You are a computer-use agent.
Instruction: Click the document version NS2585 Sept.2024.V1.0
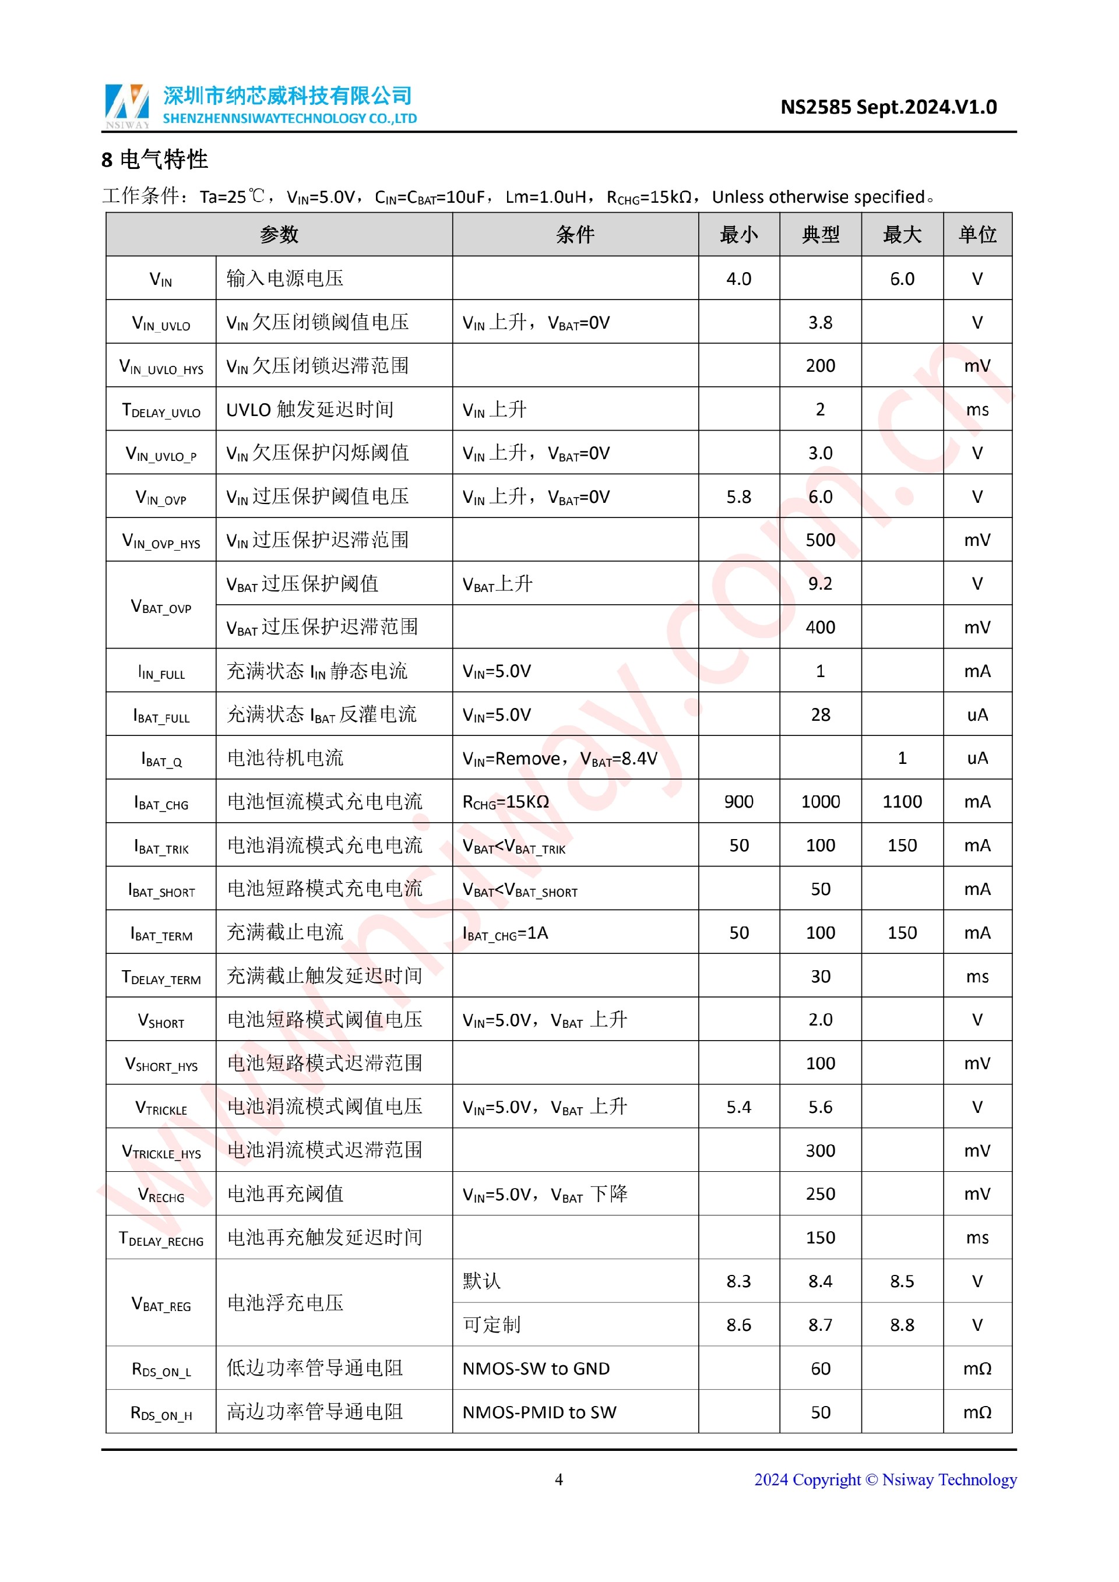coord(888,107)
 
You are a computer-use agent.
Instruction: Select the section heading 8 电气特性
coord(154,160)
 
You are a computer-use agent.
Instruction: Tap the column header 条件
coord(575,235)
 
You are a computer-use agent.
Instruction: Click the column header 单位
coord(976,235)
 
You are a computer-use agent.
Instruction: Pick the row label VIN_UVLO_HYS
coord(161,367)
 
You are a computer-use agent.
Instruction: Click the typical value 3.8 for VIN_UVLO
coord(820,322)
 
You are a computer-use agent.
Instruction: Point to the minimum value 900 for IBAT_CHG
coord(738,801)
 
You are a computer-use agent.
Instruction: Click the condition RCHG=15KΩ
coord(506,802)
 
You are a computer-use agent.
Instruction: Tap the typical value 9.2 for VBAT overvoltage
coord(820,584)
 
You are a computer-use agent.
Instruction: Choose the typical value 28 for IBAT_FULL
coord(820,714)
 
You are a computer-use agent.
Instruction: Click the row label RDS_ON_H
coord(161,1412)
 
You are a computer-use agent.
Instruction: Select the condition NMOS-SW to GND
coord(536,1368)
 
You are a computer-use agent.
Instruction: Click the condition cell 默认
coord(481,1281)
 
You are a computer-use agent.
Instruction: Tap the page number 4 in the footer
coord(559,1479)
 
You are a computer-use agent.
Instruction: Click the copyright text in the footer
coord(885,1479)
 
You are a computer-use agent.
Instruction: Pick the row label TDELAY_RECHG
coord(161,1238)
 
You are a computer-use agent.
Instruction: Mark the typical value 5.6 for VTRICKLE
coord(820,1107)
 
